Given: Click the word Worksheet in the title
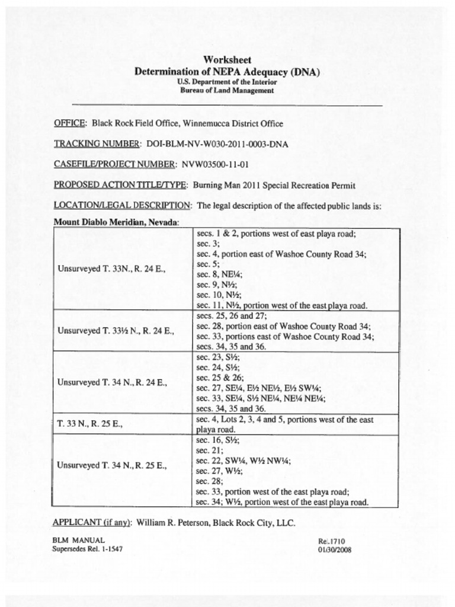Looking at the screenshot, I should (x=227, y=60).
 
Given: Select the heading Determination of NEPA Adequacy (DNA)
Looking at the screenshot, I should (x=227, y=72).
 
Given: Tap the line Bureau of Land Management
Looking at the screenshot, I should (x=227, y=91).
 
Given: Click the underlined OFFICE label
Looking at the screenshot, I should (x=70, y=124).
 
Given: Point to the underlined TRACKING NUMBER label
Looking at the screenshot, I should (x=97, y=144).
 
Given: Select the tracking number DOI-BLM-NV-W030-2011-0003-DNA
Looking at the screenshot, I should (x=217, y=144).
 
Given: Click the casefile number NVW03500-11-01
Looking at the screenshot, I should (x=214, y=164).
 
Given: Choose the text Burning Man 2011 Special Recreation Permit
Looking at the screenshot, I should (x=274, y=185).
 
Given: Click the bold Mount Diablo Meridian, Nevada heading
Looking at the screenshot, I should (x=116, y=222).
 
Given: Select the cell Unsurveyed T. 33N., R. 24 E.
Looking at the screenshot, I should (x=111, y=269).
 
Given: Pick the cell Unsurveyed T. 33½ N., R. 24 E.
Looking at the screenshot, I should (x=116, y=330).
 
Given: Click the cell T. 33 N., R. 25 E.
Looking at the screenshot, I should (x=89, y=424).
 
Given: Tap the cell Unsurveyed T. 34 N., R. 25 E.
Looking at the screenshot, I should (x=112, y=465).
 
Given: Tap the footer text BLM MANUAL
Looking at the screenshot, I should (x=78, y=540).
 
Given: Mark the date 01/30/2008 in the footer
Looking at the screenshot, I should (x=335, y=549).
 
